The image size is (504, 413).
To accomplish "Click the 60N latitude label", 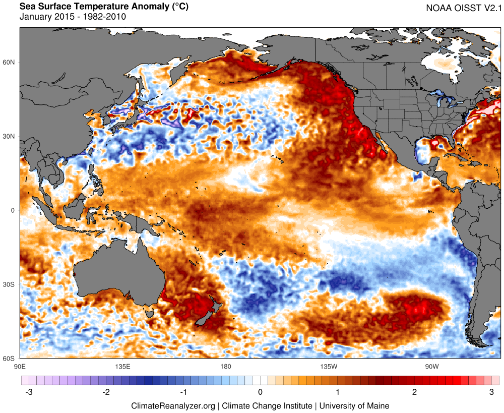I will (x=10, y=63).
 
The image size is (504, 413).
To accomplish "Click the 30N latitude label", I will (x=10, y=137).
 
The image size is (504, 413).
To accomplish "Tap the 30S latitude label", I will (x=10, y=285).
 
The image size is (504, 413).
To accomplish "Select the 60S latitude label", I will (x=10, y=359).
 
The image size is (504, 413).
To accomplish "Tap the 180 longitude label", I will (x=225, y=366).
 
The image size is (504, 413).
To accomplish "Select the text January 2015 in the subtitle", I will (x=45, y=17).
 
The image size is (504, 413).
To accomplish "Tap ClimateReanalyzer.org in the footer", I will (x=173, y=405).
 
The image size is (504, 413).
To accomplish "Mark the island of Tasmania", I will (x=150, y=314).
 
